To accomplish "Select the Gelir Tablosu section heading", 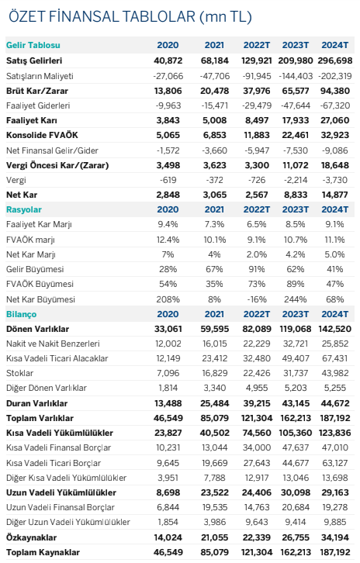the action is coord(33,45).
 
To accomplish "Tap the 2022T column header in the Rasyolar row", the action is coord(257,209).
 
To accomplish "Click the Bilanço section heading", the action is coord(21,315).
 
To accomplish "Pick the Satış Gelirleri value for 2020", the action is coord(168,60).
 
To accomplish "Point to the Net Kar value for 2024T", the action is coord(335,195).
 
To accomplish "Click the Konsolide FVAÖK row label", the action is coord(42,136).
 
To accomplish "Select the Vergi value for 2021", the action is coord(214,180).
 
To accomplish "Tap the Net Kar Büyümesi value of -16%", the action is coord(257,299).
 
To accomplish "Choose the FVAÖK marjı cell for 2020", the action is coord(168,240).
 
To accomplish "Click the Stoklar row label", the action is coord(19,374).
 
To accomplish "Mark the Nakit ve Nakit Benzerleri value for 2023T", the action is coord(296,344).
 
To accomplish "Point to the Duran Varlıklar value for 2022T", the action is coord(257,403).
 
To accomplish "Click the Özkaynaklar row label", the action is coord(31,538).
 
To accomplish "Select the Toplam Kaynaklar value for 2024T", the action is coord(335,553).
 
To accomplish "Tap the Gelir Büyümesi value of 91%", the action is coord(257,269).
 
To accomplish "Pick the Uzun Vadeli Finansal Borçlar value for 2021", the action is coord(214,508).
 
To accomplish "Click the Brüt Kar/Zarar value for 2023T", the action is coord(296,91).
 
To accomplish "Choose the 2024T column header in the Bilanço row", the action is coord(335,315).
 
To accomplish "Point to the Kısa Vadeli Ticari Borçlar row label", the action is coord(54,463).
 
